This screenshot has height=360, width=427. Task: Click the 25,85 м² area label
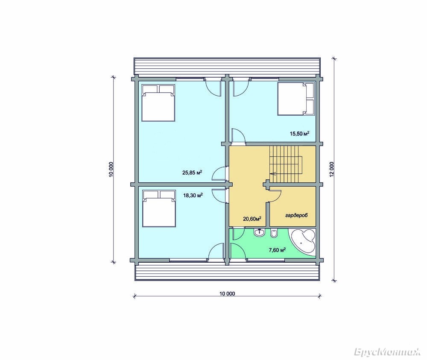(x=192, y=172)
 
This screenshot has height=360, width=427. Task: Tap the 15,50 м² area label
(x=300, y=133)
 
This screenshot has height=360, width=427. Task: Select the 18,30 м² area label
(x=193, y=195)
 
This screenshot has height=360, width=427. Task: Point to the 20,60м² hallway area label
(x=252, y=218)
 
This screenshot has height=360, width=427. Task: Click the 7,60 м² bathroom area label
(x=277, y=250)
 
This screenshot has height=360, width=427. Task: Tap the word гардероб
(x=296, y=215)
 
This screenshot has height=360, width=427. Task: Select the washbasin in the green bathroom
(x=260, y=233)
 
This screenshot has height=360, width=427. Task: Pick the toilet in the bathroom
(x=274, y=234)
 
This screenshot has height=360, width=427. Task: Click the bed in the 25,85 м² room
(x=158, y=102)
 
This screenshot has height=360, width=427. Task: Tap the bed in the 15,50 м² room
(x=296, y=99)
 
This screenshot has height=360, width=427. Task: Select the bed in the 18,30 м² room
(x=159, y=208)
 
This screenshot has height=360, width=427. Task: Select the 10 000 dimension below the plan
(x=227, y=293)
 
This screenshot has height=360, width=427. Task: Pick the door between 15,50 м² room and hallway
(x=238, y=136)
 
